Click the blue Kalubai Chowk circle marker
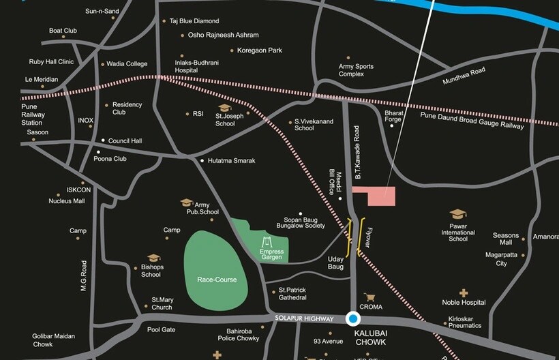click(x=352, y=318)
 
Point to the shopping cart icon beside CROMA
click(x=369, y=297)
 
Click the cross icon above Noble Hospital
click(x=464, y=292)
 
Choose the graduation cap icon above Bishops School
click(x=153, y=258)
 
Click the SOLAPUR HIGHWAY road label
click(x=304, y=318)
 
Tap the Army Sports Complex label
click(x=356, y=70)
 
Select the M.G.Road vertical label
click(x=85, y=276)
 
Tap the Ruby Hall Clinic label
click(x=51, y=61)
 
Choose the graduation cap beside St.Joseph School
click(x=224, y=108)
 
